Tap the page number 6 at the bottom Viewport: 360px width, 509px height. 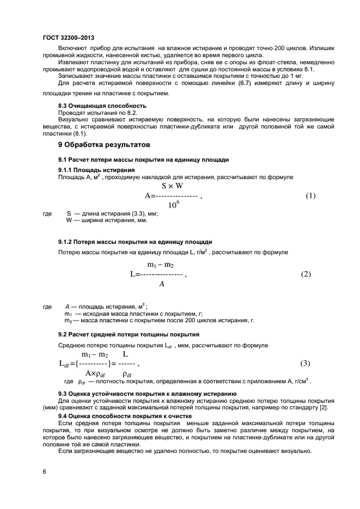click(x=44, y=471)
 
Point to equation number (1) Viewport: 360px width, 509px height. click(x=310, y=195)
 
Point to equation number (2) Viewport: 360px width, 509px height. click(x=306, y=274)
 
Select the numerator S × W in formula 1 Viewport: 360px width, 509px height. click(x=172, y=186)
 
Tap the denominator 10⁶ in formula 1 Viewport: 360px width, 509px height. click(x=174, y=206)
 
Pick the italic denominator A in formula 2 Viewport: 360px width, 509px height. click(x=161, y=284)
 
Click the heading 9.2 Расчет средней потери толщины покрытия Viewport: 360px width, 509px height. click(x=128, y=334)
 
